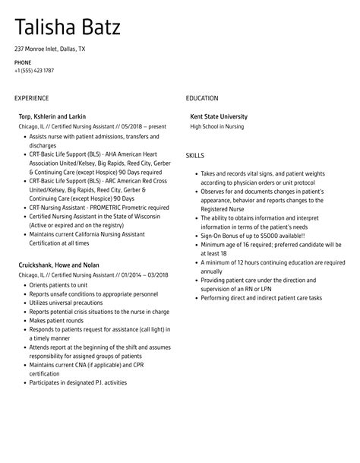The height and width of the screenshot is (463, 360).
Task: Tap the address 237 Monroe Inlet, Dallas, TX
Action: point(50,49)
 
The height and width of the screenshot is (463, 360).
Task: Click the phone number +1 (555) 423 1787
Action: point(34,71)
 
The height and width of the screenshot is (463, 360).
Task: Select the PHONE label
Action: point(23,62)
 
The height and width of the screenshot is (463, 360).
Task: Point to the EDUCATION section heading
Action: point(202,98)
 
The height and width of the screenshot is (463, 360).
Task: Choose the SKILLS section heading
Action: point(195,155)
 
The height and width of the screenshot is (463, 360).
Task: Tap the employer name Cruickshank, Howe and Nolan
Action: point(58,265)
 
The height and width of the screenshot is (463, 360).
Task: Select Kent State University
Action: point(219,116)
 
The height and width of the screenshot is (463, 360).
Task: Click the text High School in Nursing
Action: point(217,125)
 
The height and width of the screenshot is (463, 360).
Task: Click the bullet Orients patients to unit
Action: point(58,284)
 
